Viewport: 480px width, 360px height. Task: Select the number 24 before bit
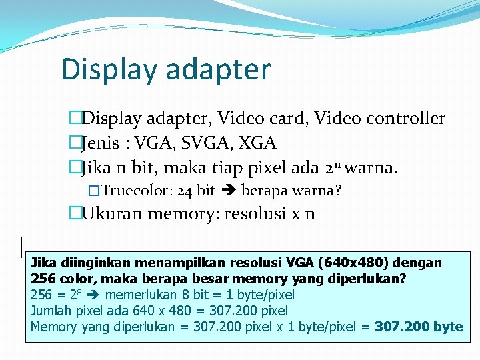pyautogui.click(x=186, y=191)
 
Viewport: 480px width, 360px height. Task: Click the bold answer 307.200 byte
pyautogui.click(x=419, y=327)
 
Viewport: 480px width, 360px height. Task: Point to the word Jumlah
pyautogui.click(x=52, y=311)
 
